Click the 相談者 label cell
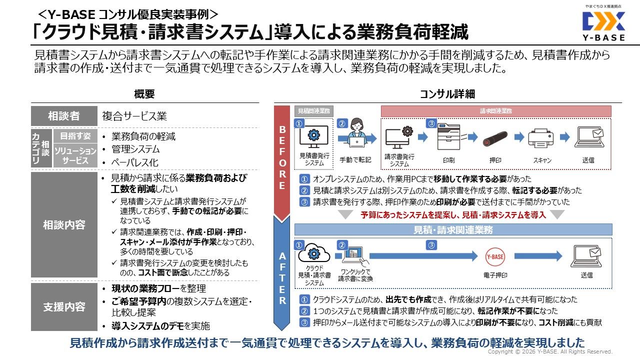pyautogui.click(x=63, y=116)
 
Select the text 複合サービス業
pyautogui.click(x=134, y=116)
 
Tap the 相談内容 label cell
pyautogui.click(x=63, y=224)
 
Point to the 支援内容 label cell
pyautogui.click(x=63, y=306)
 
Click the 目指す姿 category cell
pyautogui.click(x=75, y=136)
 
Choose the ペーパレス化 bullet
pyautogui.click(x=135, y=162)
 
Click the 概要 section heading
pyautogui.click(x=144, y=94)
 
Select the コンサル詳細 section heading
pyautogui.click(x=447, y=94)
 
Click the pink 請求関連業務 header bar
pyautogui.click(x=495, y=111)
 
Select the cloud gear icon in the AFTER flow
pyautogui.click(x=313, y=253)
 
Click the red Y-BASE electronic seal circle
pyautogui.click(x=495, y=256)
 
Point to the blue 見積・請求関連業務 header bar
pyautogui.click(x=453, y=229)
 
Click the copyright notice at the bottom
pyautogui.click(x=550, y=351)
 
